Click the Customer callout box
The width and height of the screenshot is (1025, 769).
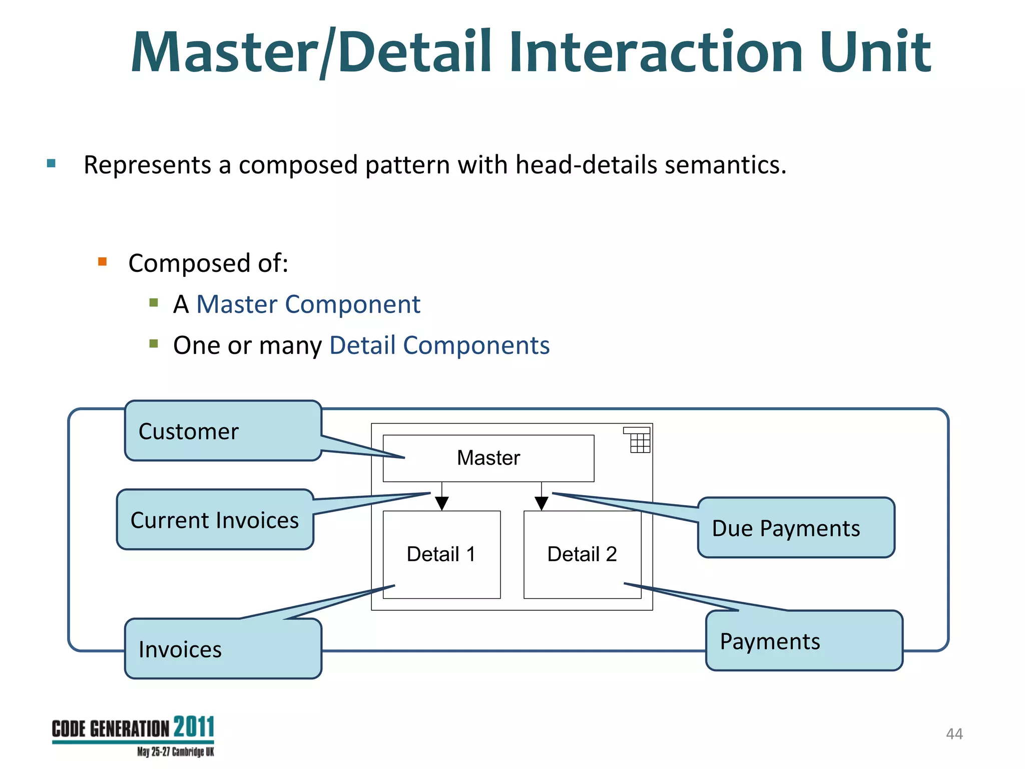tap(223, 431)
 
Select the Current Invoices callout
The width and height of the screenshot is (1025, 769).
tap(215, 520)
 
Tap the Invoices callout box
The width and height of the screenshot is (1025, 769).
tap(223, 649)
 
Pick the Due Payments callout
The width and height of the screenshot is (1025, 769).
tap(796, 528)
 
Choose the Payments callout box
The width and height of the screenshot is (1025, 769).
tap(804, 641)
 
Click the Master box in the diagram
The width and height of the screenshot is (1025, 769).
tap(488, 458)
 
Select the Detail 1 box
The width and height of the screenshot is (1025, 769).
tap(441, 554)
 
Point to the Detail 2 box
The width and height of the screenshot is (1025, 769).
tap(582, 554)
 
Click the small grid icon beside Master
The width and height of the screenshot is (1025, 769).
tap(637, 440)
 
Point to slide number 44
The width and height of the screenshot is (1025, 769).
tap(954, 734)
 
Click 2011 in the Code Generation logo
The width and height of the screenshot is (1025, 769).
tap(194, 727)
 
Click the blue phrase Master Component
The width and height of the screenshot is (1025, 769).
tap(308, 304)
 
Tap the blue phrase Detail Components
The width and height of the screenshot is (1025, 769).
tap(439, 345)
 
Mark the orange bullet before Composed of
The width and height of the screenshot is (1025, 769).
tap(103, 261)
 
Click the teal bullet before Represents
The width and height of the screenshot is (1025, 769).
tap(51, 163)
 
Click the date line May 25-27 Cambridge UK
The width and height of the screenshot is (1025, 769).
tap(175, 752)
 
